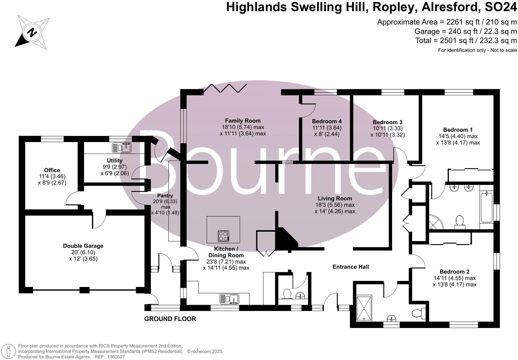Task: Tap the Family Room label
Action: [x=243, y=121]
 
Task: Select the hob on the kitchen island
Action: [x=224, y=236]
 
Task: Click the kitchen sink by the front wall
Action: [x=229, y=299]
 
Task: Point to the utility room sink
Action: [x=122, y=147]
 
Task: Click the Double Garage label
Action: [x=83, y=246]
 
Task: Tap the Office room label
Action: [x=52, y=170]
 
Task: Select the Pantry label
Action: [x=165, y=196]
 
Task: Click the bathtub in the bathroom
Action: [x=487, y=207]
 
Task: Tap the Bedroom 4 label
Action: [x=326, y=121]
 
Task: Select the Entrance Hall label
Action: [x=350, y=267]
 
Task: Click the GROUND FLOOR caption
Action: [x=170, y=319]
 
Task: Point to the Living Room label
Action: [x=334, y=199]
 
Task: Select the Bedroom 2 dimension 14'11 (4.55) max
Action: [x=454, y=278]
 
